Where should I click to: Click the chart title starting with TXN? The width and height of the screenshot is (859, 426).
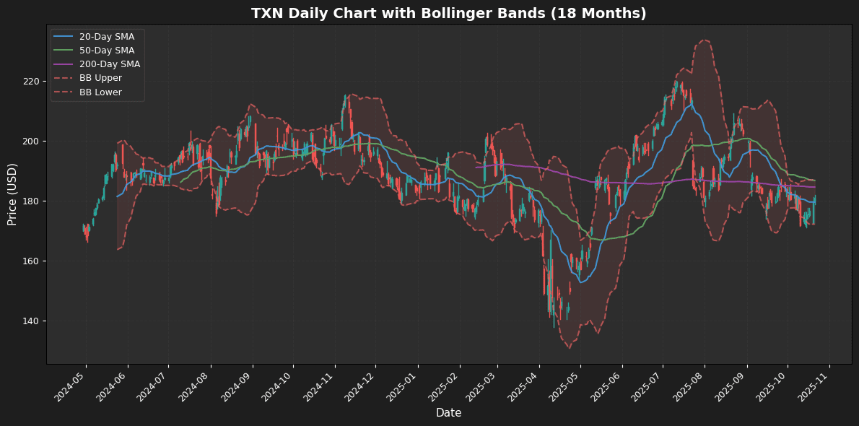coord(448,14)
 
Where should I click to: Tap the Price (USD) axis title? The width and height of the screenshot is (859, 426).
coord(12,194)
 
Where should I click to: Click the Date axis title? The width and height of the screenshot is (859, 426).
coord(448,413)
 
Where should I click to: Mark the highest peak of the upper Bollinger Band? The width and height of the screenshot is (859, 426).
coord(704,40)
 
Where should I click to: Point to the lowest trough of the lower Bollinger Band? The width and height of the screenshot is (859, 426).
coord(569,348)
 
